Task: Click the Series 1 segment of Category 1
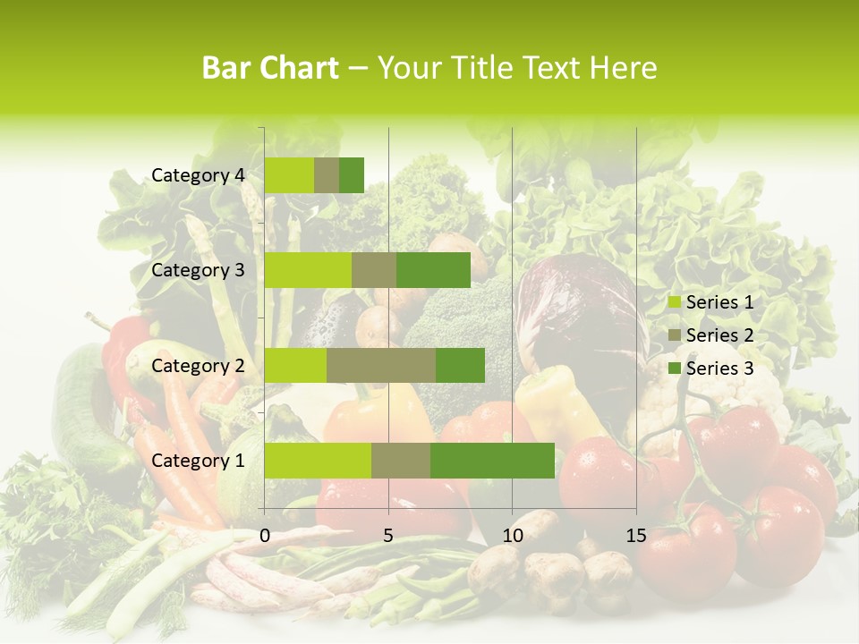click(318, 461)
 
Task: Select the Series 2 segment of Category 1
click(401, 461)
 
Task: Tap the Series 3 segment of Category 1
click(492, 461)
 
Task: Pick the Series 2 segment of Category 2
click(381, 365)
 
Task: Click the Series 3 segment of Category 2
click(460, 365)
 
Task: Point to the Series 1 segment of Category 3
click(308, 270)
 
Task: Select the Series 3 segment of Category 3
click(433, 270)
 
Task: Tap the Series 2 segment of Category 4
click(327, 175)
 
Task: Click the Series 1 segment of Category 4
click(289, 175)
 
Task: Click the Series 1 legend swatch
click(675, 302)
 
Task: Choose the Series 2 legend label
click(719, 335)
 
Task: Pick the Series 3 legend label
click(719, 368)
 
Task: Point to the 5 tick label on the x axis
click(388, 536)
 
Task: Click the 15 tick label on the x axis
click(635, 536)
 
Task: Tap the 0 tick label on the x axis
click(265, 536)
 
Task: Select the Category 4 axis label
click(198, 175)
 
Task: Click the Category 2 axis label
click(198, 365)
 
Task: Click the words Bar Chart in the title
click(270, 68)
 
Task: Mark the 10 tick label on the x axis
click(512, 536)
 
